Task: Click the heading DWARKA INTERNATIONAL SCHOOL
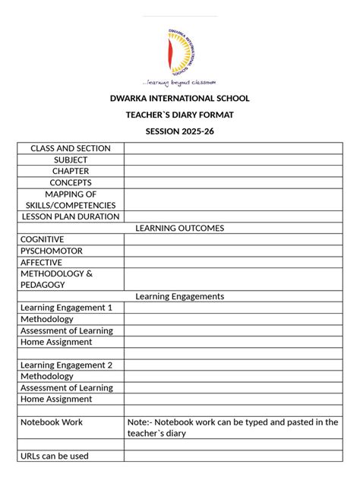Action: [x=180, y=99]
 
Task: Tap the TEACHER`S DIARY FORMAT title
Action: [x=180, y=115]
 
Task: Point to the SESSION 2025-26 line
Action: [x=180, y=131]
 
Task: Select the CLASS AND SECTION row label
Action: [x=71, y=149]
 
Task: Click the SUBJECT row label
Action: [x=71, y=160]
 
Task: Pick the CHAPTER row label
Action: [x=71, y=172]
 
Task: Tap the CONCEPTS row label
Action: [x=71, y=183]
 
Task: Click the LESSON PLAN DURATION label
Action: [x=71, y=216]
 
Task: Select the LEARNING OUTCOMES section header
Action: [x=180, y=228]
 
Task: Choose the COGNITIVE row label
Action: [x=43, y=239]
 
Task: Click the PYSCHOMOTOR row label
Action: [x=52, y=251]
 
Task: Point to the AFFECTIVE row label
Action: [x=42, y=262]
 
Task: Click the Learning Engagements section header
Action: [x=180, y=296]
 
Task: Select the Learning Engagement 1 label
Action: [x=67, y=308]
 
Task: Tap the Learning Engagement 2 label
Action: [x=67, y=365]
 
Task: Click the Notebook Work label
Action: [x=52, y=422]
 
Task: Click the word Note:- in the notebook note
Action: [x=140, y=422]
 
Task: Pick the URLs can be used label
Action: [x=55, y=456]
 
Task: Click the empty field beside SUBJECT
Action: [x=232, y=160]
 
